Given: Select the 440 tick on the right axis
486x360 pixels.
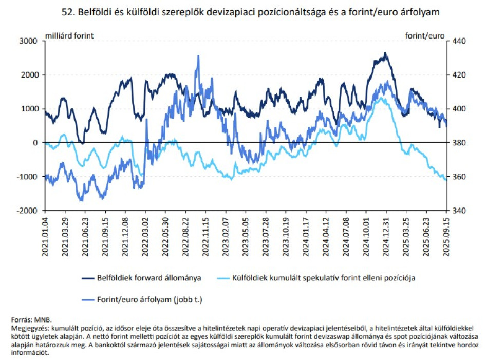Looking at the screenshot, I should [456, 41].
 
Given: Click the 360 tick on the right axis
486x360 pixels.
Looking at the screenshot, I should [456, 177].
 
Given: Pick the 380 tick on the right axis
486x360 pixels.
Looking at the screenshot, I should [456, 143].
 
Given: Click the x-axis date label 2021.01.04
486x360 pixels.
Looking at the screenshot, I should [46, 234].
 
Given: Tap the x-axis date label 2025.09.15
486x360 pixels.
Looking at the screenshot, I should [445, 234].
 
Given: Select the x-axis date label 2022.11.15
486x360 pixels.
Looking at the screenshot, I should [205, 234].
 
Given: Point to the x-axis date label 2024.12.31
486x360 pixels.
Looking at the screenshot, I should [385, 234].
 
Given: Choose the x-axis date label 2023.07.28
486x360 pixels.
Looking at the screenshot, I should [266, 234].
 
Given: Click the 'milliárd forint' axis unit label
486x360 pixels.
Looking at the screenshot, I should [69, 35].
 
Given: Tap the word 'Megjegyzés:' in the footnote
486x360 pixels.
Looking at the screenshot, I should [30, 327].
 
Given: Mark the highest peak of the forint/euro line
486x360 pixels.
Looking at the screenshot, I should [198, 56].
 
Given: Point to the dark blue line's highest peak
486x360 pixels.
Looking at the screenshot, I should [385, 53].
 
